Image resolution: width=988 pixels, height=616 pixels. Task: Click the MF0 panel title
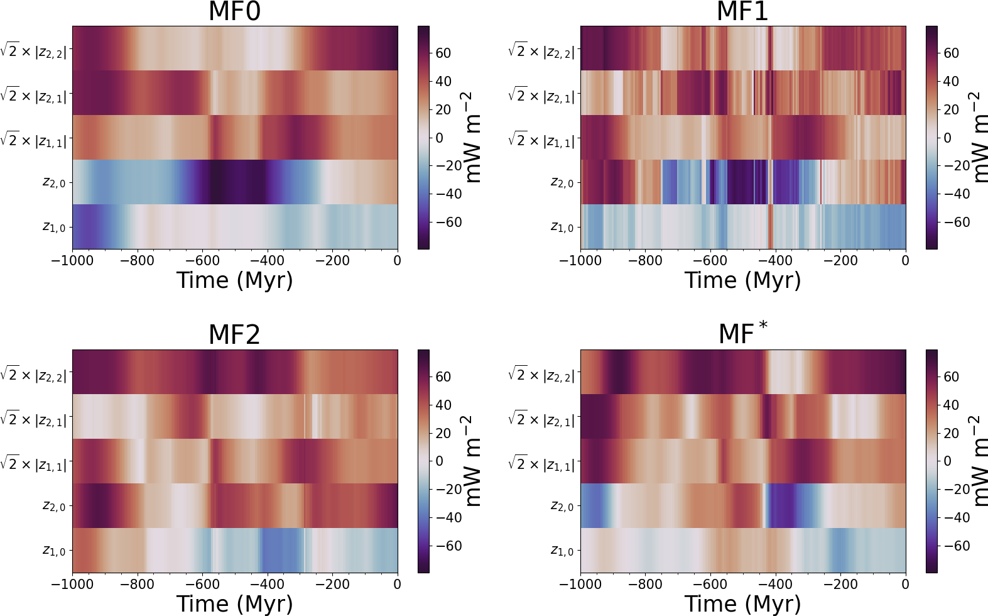[x=234, y=11]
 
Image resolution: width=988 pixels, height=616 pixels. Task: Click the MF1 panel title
[x=742, y=11]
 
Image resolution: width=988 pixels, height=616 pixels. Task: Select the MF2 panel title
[x=234, y=334]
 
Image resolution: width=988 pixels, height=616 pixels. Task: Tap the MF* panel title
[x=742, y=333]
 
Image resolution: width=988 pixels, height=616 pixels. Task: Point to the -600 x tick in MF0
[x=202, y=261]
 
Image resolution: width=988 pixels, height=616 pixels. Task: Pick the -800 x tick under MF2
[x=137, y=585]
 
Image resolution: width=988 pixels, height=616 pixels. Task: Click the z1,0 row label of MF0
[x=53, y=227]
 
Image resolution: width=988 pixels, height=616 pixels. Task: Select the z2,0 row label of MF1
[x=562, y=182]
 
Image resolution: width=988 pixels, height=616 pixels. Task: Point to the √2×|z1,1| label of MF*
[x=541, y=464]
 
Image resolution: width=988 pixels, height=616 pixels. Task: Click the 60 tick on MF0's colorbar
[x=443, y=53]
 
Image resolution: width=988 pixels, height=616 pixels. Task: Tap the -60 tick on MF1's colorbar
[x=957, y=222]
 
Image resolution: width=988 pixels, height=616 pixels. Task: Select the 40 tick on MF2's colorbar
[x=443, y=405]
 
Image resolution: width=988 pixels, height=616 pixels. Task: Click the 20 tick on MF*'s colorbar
[x=951, y=433]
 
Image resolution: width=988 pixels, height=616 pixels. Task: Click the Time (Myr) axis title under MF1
[x=742, y=280]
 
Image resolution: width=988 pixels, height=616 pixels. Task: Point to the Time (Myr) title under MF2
[x=234, y=604]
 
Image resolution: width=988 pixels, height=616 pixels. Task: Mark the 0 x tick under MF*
[x=905, y=585]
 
